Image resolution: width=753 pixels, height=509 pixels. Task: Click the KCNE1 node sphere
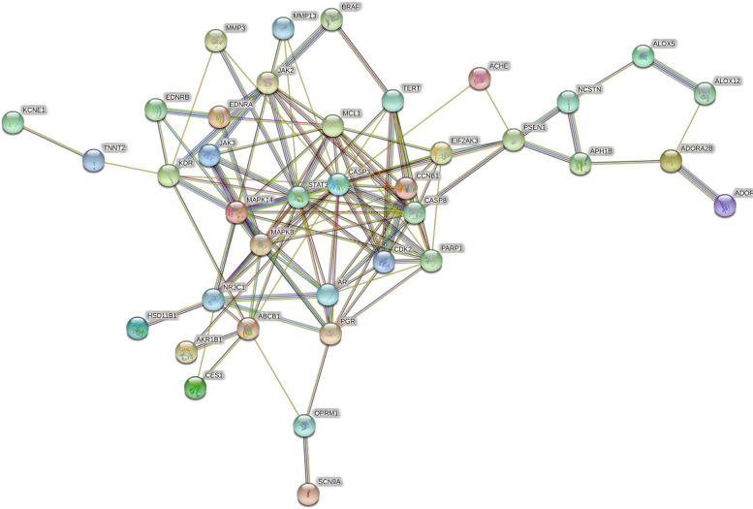coord(12,122)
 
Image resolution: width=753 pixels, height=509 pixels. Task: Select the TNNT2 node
coord(93,160)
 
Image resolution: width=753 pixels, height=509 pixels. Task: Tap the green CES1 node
coord(196,388)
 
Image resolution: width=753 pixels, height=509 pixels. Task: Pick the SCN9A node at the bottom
coord(306,493)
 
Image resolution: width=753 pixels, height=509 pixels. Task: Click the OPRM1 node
coord(305,425)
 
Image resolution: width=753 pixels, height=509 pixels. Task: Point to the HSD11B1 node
coord(141,329)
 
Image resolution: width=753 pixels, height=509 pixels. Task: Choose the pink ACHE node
coord(479,78)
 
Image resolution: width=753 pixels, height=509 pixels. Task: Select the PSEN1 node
coord(514,141)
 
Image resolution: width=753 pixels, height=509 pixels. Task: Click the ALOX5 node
coord(643,56)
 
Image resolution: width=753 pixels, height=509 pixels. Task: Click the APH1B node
coord(580,164)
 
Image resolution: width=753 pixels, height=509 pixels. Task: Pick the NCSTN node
coord(569,100)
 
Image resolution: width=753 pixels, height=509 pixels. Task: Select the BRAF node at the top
coord(331,19)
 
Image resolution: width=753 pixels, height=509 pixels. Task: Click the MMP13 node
coord(283,28)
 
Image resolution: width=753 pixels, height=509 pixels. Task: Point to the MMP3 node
coord(215,40)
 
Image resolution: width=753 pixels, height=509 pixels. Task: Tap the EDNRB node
coord(156,111)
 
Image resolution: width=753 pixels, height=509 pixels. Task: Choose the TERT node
coord(392,99)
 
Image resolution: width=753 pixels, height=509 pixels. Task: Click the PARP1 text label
coord(452,248)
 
